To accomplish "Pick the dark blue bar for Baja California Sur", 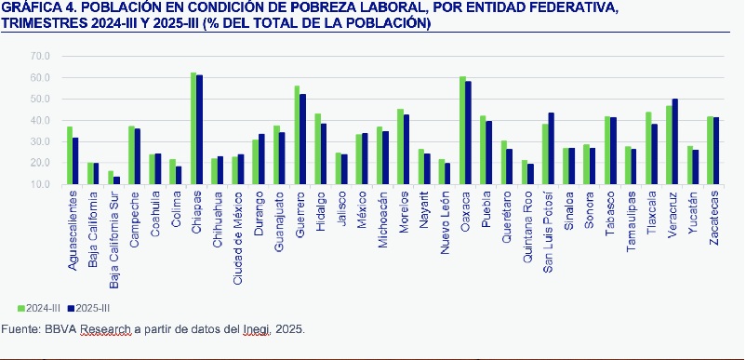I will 116,180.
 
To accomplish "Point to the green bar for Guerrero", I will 297,135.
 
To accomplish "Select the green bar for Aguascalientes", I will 69,155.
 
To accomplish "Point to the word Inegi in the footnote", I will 256,329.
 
